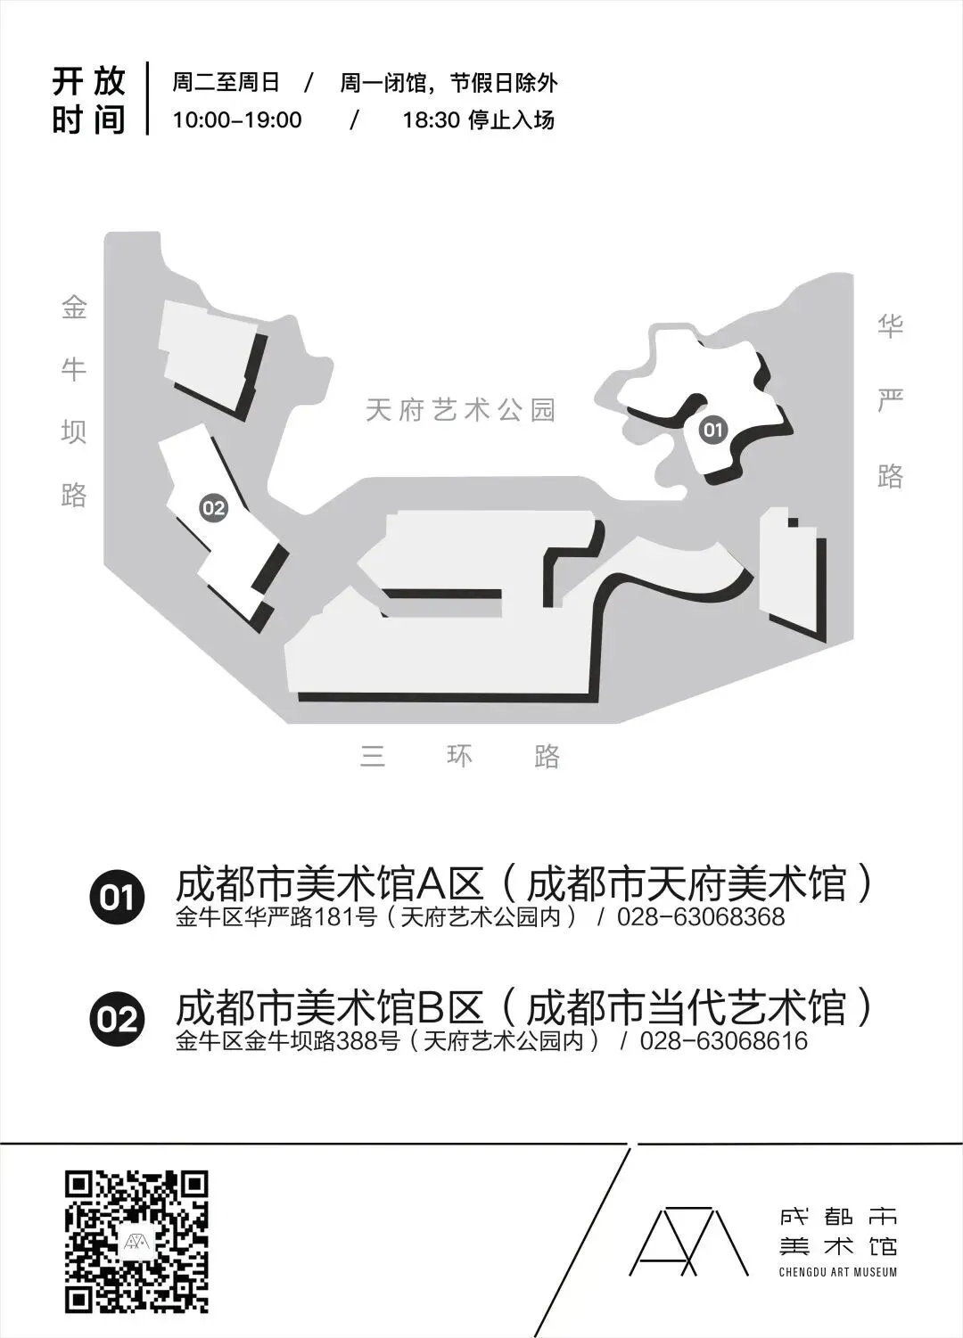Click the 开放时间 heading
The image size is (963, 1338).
[x=88, y=100]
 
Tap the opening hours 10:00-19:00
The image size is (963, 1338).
[x=237, y=120]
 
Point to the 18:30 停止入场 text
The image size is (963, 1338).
[x=478, y=120]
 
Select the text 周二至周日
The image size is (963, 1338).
[x=226, y=83]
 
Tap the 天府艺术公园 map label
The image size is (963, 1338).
[x=461, y=410]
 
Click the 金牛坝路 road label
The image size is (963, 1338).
[x=74, y=402]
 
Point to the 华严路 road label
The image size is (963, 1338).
[x=890, y=401]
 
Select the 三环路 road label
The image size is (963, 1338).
[x=460, y=757]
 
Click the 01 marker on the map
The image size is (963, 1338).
[x=712, y=431]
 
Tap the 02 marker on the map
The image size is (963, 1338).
[x=213, y=508]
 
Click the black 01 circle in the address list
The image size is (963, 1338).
[x=117, y=896]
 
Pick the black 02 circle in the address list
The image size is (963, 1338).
[x=117, y=1019]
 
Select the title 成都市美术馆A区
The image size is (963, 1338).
[x=330, y=884]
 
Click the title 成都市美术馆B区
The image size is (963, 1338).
[x=330, y=1007]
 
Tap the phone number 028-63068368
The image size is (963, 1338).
[x=701, y=916]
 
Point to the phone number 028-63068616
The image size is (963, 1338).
[x=723, y=1040]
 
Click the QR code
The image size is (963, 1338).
[x=136, y=1241]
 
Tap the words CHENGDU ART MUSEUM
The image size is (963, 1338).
[x=837, y=1271]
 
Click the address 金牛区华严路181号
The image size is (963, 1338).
[x=276, y=916]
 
